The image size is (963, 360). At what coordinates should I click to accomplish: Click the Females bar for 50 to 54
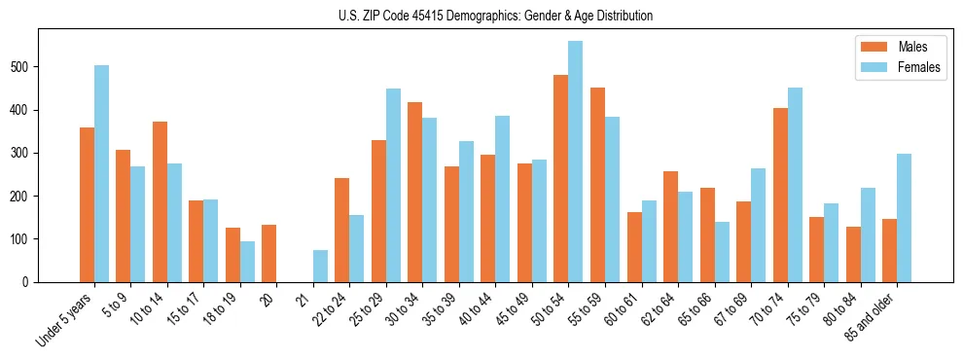[576, 162]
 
